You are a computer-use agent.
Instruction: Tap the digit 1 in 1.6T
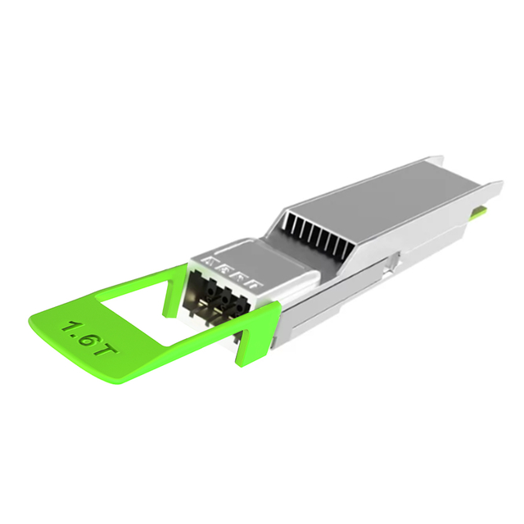click(68, 327)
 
